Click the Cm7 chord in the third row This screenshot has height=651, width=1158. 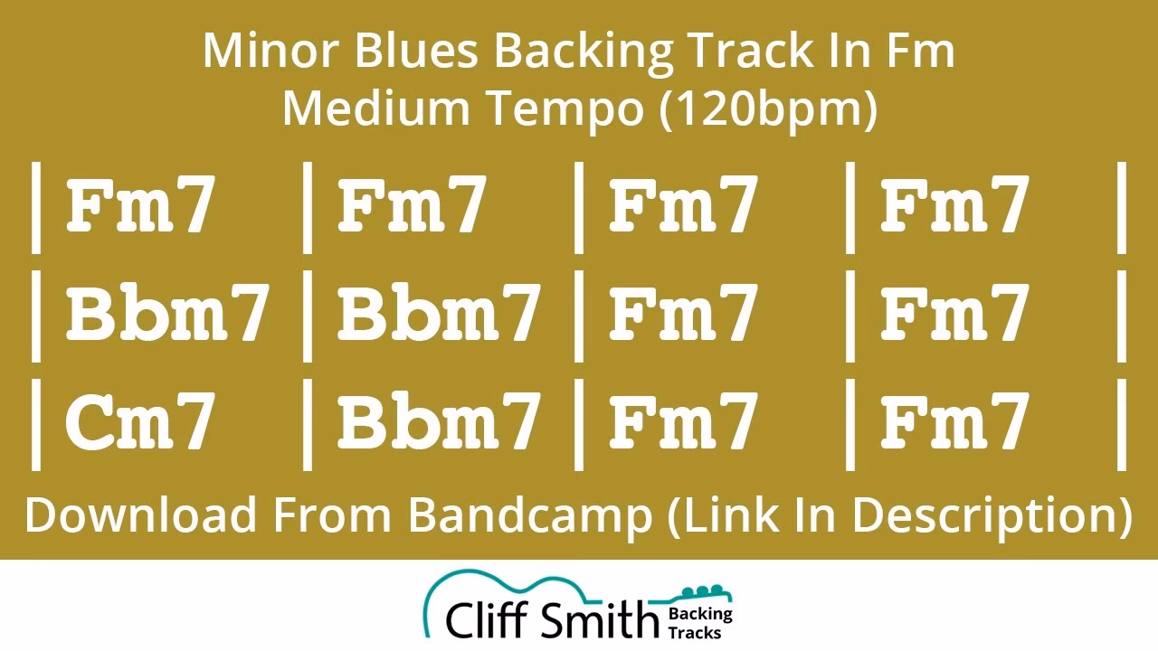pos(139,420)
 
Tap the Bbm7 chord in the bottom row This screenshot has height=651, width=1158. pos(439,420)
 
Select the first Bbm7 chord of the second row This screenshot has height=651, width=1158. pos(167,312)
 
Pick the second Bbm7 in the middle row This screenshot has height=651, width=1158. pos(439,312)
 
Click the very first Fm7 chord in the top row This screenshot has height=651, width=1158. pos(140,203)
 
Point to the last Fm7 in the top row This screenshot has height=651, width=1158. pos(954,203)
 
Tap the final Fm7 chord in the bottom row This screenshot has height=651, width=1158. pos(954,420)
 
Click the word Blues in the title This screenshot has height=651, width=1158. pos(416,51)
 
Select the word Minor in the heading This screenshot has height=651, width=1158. pos(271,51)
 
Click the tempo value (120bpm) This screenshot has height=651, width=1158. pos(768,109)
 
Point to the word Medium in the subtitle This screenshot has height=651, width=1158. pos(375,108)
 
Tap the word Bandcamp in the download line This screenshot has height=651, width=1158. pos(530,516)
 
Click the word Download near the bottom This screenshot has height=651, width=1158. pos(140,514)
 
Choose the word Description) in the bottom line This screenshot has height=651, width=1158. pos(992,516)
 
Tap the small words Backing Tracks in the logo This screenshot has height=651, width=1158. pos(700,623)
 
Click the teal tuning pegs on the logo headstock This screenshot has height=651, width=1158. pos(702,590)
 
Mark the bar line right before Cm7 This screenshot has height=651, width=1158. pos(35,425)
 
